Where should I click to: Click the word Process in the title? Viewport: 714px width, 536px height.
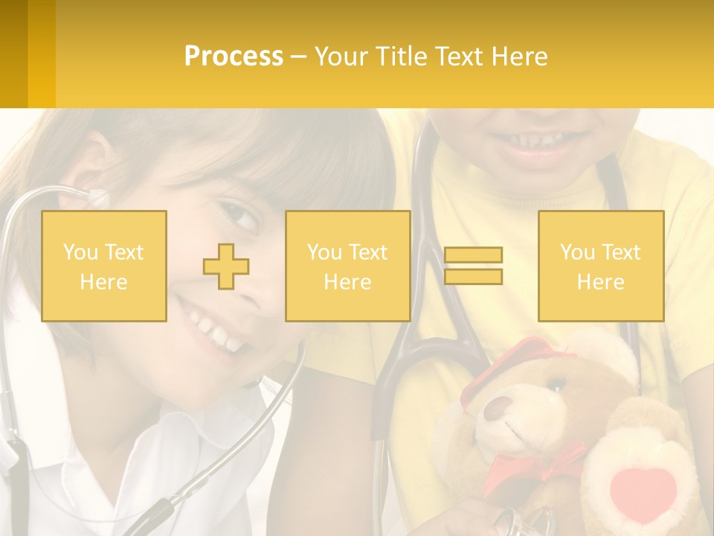(234, 57)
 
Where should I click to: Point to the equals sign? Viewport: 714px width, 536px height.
(473, 266)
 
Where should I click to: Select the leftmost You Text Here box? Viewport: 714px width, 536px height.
(104, 267)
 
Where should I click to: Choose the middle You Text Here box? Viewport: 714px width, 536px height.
(348, 267)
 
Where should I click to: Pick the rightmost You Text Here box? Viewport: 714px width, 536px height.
(601, 267)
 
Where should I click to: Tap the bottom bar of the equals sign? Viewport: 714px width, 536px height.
(473, 276)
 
